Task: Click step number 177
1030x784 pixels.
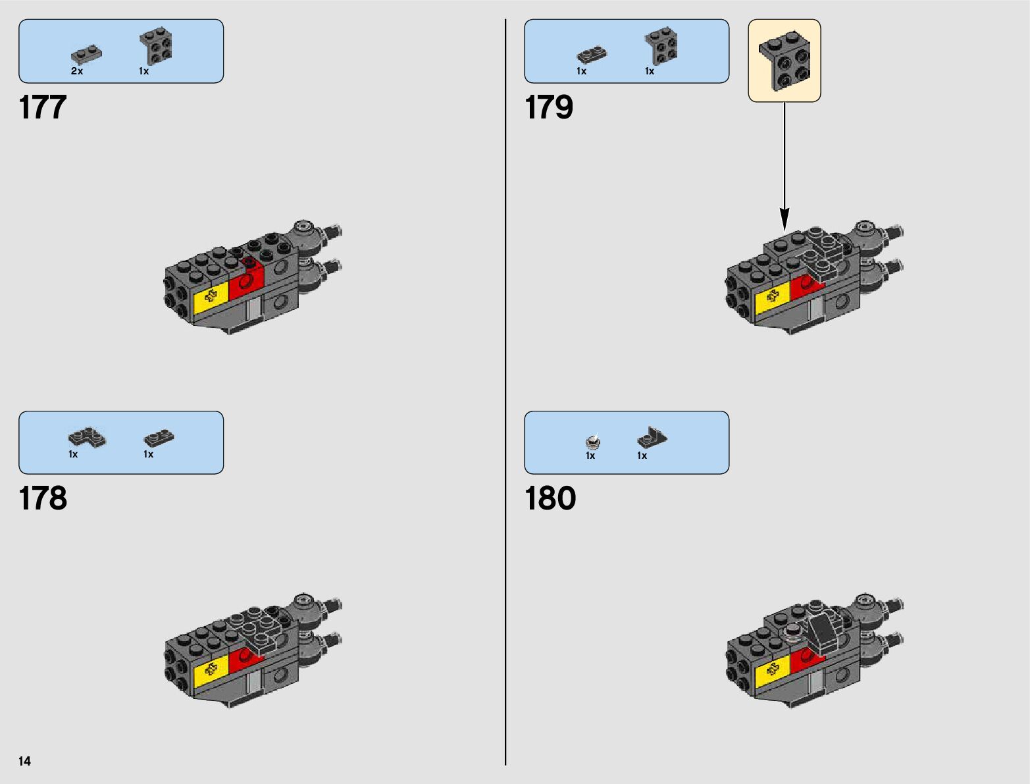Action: tap(43, 107)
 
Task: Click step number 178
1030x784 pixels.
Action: tap(43, 498)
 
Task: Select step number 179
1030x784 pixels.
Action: tap(549, 107)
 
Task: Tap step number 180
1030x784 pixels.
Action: tap(550, 498)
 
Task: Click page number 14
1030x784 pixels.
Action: tap(24, 761)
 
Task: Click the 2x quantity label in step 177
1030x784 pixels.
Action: tap(77, 71)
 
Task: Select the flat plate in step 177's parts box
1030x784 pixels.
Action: tap(87, 55)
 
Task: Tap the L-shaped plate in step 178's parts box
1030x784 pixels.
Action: tap(86, 437)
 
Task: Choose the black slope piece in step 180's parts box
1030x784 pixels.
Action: tap(652, 437)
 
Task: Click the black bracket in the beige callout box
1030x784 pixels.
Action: tap(785, 60)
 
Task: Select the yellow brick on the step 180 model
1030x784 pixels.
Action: tap(773, 673)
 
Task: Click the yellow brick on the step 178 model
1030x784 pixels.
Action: tap(211, 670)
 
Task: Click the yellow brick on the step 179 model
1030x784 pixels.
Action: tap(773, 298)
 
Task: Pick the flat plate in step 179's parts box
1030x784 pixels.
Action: tap(592, 55)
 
